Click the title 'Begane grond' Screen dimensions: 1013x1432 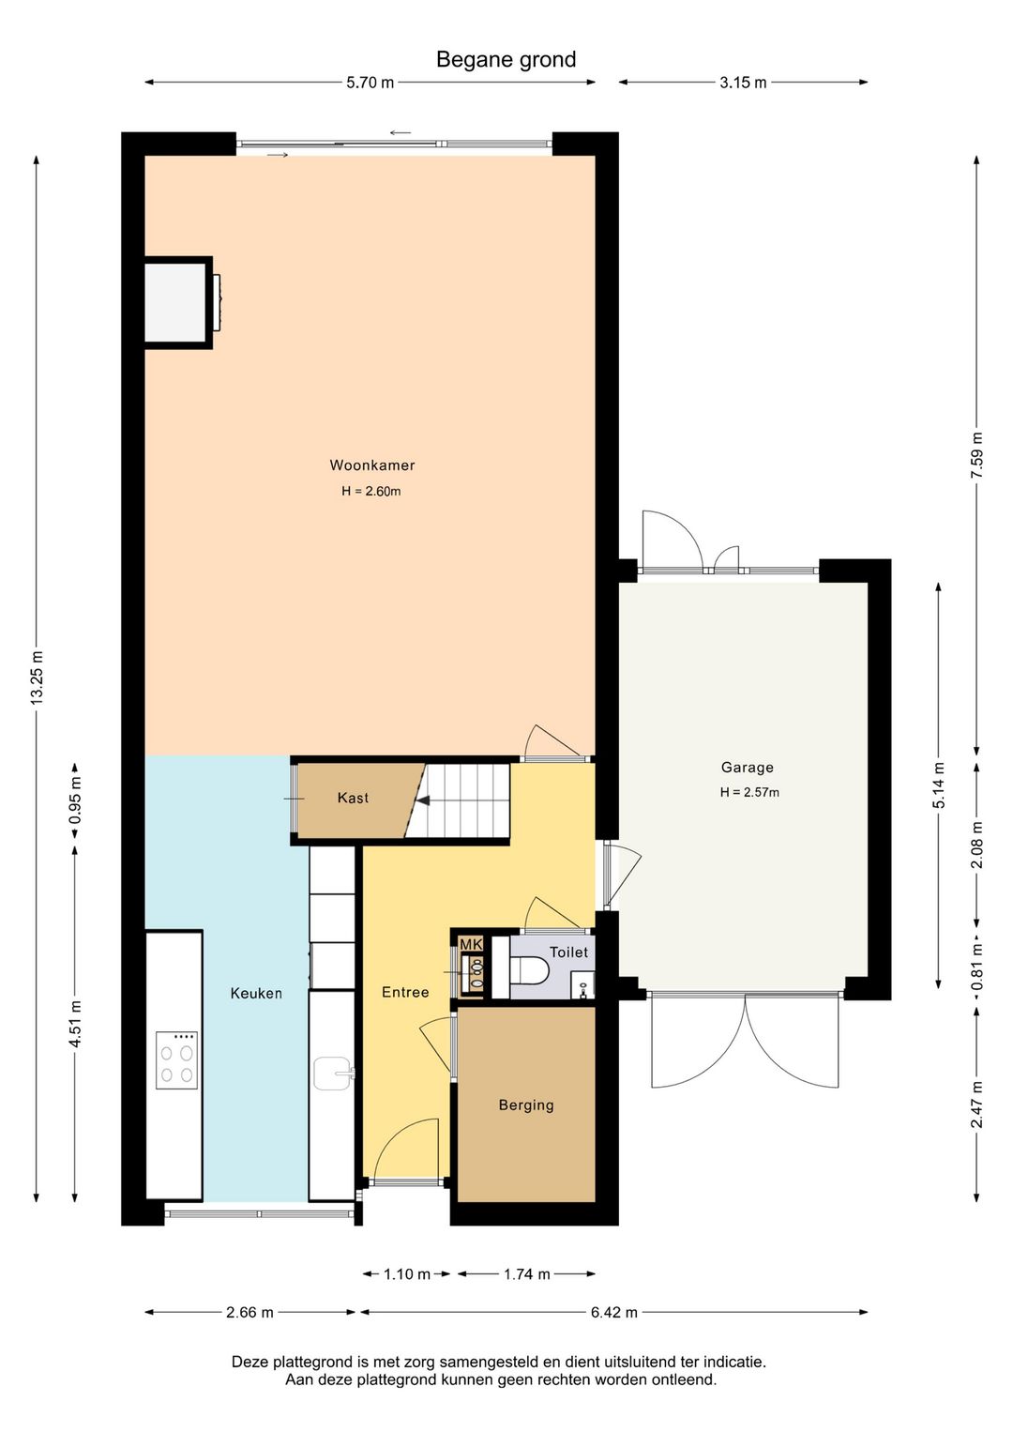506,59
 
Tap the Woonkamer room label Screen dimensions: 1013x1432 372,465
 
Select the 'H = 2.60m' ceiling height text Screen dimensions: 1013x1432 371,491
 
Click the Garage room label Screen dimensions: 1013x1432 748,768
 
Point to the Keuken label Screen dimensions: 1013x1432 256,993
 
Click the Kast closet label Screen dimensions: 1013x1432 353,798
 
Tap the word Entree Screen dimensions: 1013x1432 405,992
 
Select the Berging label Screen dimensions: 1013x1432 526,1105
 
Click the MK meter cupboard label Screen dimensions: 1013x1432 471,945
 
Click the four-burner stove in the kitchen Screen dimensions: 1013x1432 176,1060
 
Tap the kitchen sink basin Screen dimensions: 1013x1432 332,1074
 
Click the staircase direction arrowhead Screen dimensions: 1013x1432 422,800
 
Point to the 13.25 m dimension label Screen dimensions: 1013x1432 37,678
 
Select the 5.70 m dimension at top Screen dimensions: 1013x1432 370,83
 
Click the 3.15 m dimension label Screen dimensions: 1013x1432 743,83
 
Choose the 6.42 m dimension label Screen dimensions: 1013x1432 613,1313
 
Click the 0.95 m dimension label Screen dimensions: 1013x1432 75,800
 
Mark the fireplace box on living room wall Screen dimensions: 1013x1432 178,302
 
